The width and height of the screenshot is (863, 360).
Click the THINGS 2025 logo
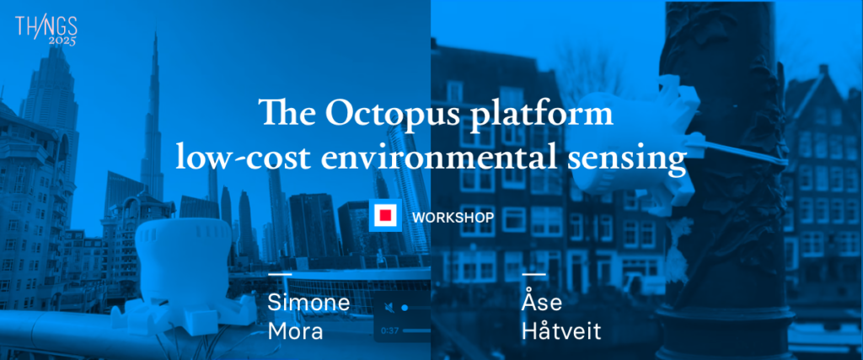click(x=46, y=31)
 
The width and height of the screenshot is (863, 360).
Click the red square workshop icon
click(x=385, y=215)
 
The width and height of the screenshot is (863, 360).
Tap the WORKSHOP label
click(x=453, y=217)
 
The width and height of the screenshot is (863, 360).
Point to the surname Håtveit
click(x=561, y=330)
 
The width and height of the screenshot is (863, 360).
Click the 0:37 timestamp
click(x=389, y=330)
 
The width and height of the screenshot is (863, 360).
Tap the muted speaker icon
click(x=389, y=308)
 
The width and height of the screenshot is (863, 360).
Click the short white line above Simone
click(x=280, y=273)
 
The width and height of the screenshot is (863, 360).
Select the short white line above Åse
click(x=533, y=273)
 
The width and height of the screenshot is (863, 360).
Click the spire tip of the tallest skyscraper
click(x=155, y=32)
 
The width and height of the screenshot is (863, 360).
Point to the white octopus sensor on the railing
click(x=183, y=281)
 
